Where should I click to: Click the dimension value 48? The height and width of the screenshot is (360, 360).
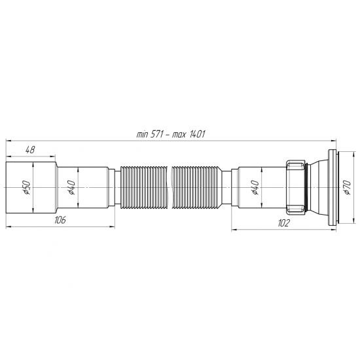coord(29,150)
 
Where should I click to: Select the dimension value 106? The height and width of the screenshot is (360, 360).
coord(60,220)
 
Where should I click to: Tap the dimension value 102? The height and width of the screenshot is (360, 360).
coord(283,223)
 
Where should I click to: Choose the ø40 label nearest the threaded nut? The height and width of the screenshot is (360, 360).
coord(254,187)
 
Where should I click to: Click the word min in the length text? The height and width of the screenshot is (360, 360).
coord(143,134)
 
